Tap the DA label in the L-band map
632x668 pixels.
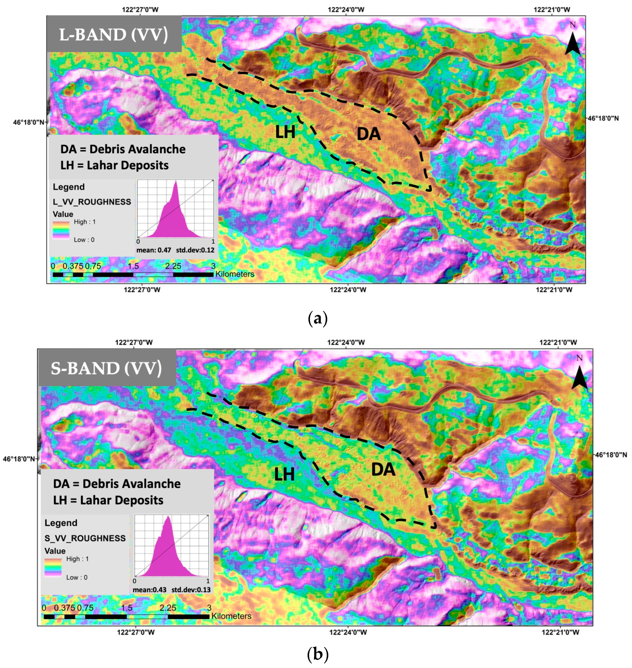[x=369, y=134]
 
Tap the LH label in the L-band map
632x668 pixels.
[x=285, y=132]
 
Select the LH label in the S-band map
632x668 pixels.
[x=284, y=475]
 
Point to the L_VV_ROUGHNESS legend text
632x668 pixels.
[x=92, y=202]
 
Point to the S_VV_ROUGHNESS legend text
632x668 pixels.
[x=85, y=538]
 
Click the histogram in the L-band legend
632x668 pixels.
[x=175, y=210]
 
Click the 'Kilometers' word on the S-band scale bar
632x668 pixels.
[x=231, y=616]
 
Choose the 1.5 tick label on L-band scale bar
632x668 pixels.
[x=133, y=266]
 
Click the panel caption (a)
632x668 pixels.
[x=317, y=318]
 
